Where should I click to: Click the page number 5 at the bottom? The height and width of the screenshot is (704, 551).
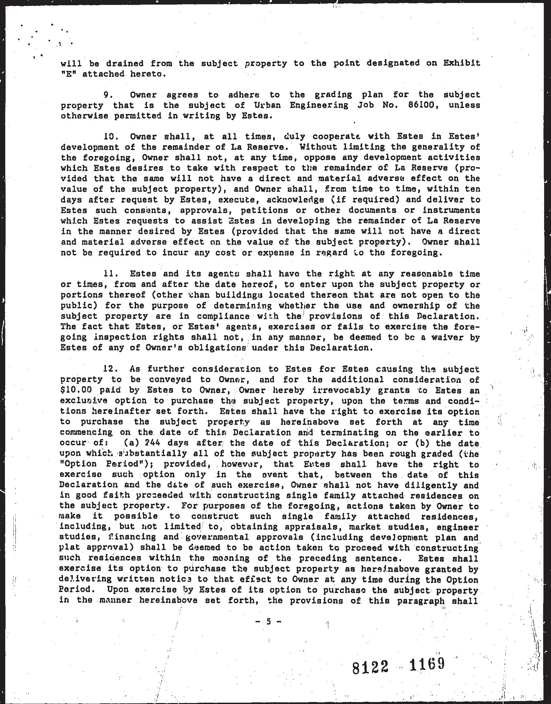(x=269, y=621)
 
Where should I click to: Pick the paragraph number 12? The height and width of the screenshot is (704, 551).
(x=110, y=369)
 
